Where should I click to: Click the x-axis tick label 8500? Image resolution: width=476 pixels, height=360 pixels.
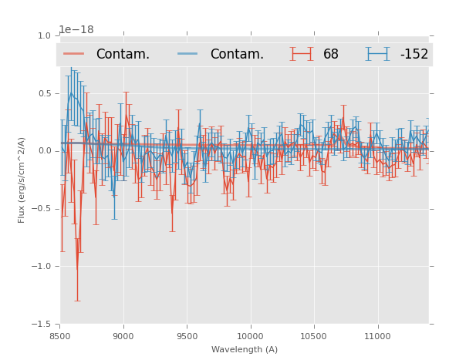point(60,336)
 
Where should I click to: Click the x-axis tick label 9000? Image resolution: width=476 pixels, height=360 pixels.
point(123,336)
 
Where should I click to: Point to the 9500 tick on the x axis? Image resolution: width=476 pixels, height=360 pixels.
point(187,336)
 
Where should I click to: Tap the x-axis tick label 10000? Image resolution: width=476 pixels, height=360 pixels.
point(250,336)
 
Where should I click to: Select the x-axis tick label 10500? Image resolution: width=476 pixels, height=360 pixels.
point(313,336)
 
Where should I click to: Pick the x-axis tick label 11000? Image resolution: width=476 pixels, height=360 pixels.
point(376,336)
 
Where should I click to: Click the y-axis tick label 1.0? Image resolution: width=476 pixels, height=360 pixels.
point(44,35)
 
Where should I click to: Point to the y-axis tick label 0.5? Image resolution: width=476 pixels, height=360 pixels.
point(44,93)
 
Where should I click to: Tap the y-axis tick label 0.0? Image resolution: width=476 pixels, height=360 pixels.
point(44,151)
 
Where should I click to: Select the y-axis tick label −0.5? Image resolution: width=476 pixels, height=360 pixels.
point(42,209)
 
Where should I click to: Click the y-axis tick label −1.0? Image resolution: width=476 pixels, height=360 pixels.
point(42,267)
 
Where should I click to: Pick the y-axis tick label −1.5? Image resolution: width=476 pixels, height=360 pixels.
point(42,325)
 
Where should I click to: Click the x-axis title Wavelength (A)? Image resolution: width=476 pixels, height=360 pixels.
point(245,349)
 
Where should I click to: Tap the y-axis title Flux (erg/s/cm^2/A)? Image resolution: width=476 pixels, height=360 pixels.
point(22,180)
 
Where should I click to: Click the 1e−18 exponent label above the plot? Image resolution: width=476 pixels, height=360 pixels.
point(76,30)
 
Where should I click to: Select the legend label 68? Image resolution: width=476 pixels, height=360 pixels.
point(331,54)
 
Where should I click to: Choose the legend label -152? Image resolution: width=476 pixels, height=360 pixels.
point(414,54)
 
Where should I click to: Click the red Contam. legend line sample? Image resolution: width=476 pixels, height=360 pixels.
point(74,54)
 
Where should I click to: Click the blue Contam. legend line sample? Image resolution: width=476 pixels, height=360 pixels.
point(188,54)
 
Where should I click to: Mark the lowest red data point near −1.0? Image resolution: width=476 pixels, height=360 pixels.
point(76,269)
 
